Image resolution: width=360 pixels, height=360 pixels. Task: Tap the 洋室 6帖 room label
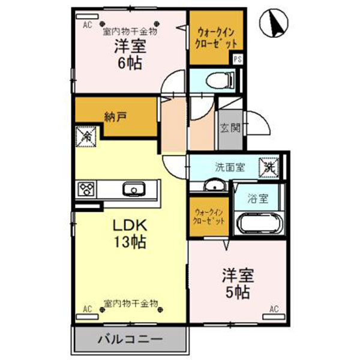(129, 55)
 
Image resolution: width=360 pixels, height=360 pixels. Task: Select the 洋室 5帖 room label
(238, 284)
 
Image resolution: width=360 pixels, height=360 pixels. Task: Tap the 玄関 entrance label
(230, 127)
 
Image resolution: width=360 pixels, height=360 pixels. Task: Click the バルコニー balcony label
(130, 340)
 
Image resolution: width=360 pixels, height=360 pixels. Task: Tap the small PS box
(238, 60)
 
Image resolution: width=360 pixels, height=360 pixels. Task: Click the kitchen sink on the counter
(132, 190)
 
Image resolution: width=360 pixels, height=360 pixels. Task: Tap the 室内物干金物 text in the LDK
(130, 303)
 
